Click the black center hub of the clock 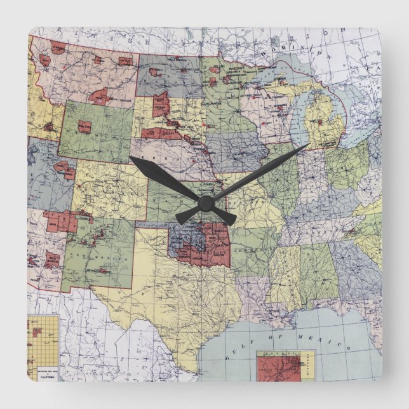coord(204,203)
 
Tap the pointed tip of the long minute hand coord(308,145)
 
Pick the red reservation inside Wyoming coord(84,126)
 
